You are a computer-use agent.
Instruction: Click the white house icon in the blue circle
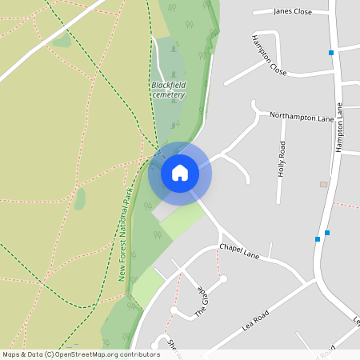pyautogui.click(x=180, y=173)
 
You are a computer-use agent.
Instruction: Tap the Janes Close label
pyautogui.click(x=292, y=11)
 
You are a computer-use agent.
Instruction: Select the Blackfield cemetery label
pyautogui.click(x=168, y=90)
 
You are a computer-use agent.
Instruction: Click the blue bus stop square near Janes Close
pyautogui.click(x=330, y=53)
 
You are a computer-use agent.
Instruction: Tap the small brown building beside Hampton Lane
pyautogui.click(x=323, y=184)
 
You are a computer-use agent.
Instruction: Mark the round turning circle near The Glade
pyautogui.click(x=222, y=279)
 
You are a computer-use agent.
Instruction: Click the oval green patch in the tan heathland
pyautogui.click(x=79, y=199)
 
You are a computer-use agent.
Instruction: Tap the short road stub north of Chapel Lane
pyautogui.click(x=270, y=250)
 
